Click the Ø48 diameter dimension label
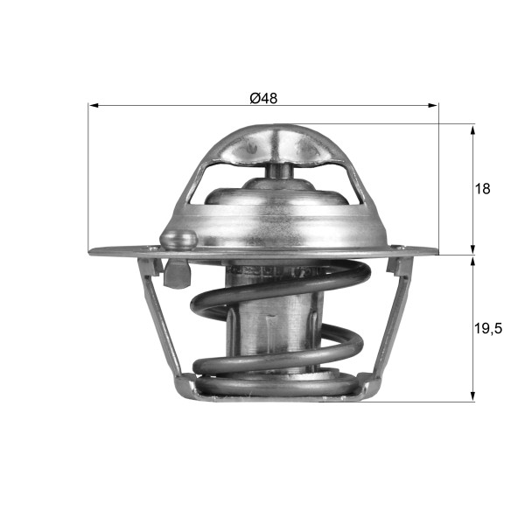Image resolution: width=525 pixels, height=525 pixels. pyautogui.click(x=262, y=98)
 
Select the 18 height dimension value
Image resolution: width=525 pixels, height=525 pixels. pyautogui.click(x=482, y=188)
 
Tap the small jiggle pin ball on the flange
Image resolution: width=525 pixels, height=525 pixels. pyautogui.click(x=181, y=237)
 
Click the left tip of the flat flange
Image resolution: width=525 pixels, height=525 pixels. pyautogui.click(x=92, y=252)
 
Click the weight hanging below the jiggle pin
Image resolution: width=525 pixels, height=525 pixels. pyautogui.click(x=178, y=274)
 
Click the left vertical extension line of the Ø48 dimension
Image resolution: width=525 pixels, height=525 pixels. pyautogui.click(x=88, y=175)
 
